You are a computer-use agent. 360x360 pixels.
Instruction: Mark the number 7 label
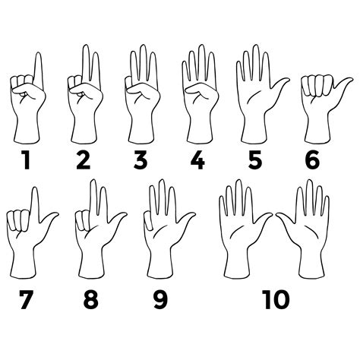pyautogui.click(x=27, y=299)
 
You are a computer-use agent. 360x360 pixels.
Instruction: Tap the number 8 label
pyautogui.click(x=91, y=299)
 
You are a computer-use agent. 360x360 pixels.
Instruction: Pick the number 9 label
pyautogui.click(x=159, y=299)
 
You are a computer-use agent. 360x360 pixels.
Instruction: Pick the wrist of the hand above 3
pyautogui.click(x=139, y=129)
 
